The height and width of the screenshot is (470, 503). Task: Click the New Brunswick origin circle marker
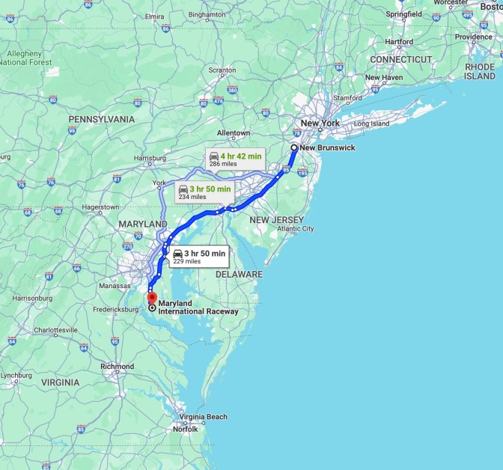(294, 148)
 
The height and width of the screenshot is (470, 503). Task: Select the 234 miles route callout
(204, 192)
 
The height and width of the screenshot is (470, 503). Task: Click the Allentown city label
(234, 132)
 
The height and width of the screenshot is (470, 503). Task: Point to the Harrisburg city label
(150, 158)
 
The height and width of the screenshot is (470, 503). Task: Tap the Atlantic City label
(296, 228)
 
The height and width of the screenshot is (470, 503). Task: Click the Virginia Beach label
(204, 417)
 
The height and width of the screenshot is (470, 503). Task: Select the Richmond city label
(117, 367)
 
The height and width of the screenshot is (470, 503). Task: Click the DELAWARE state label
(240, 275)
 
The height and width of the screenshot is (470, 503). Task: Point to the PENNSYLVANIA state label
(102, 119)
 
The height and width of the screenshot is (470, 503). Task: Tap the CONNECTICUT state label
(401, 59)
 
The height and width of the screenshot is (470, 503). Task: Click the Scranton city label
(222, 70)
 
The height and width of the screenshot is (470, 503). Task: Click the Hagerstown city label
(100, 207)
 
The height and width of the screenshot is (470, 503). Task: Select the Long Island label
(372, 123)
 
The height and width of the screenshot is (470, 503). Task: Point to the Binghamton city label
(207, 14)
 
